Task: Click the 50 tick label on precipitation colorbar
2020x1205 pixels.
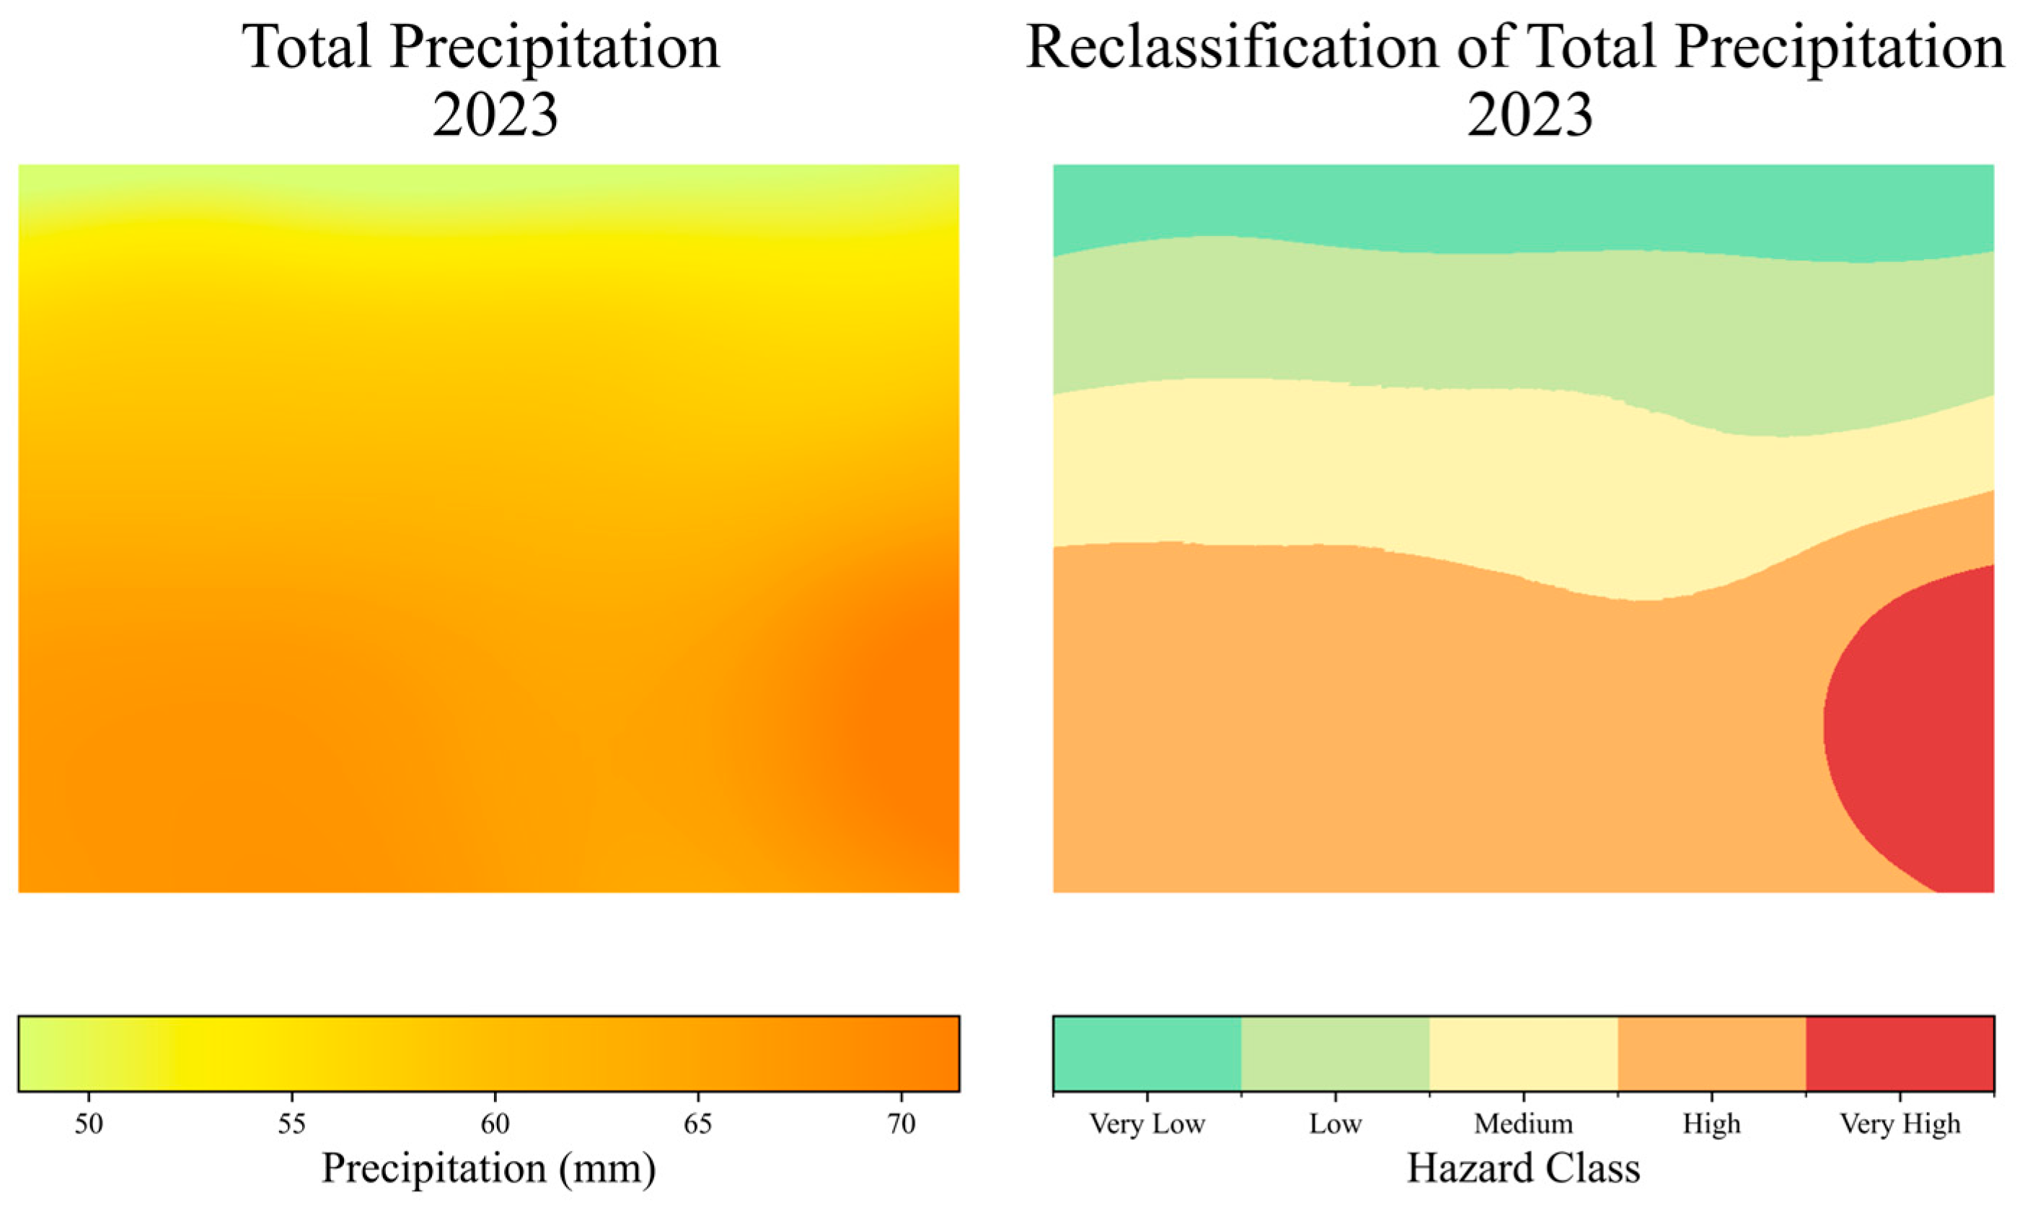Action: click(x=89, y=1125)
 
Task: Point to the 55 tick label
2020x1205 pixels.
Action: click(x=291, y=1125)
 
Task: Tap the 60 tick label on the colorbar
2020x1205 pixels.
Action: click(x=494, y=1125)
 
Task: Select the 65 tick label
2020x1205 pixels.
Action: click(x=697, y=1125)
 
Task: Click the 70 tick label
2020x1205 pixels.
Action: click(x=900, y=1125)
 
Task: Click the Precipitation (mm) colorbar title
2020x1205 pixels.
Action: click(x=488, y=1168)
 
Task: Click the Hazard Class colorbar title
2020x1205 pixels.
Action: click(x=1523, y=1168)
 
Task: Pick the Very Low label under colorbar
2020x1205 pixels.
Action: click(x=1147, y=1125)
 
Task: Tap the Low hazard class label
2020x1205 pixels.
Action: click(x=1335, y=1125)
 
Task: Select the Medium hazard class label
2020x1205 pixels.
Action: click(x=1523, y=1125)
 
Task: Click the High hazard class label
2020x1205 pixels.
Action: click(x=1711, y=1125)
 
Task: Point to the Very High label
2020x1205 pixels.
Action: click(x=1900, y=1125)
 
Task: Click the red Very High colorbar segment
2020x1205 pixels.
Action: click(x=1900, y=1053)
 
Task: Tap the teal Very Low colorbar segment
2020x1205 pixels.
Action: click(x=1147, y=1053)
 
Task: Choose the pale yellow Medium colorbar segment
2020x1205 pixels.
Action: click(x=1523, y=1053)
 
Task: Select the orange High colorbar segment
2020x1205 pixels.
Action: click(x=1711, y=1053)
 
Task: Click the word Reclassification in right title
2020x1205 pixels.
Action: click(x=1234, y=47)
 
